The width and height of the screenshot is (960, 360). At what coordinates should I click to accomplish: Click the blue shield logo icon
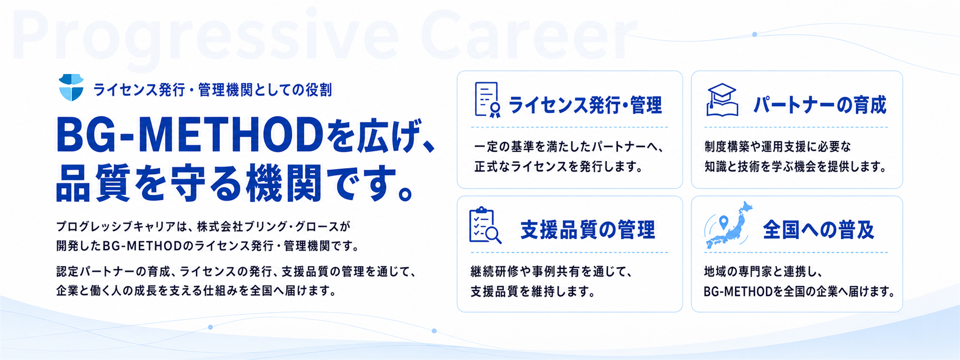(71, 87)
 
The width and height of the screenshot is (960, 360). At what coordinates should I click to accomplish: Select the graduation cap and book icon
(722, 100)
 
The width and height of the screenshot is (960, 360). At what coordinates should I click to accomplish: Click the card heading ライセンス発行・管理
(585, 105)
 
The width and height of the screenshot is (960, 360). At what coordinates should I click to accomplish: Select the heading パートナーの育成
(820, 105)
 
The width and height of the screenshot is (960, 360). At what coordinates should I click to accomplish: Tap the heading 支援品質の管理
(588, 230)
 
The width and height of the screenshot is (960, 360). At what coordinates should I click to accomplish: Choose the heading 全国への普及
(819, 230)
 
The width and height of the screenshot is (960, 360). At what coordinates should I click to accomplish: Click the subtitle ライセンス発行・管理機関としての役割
(212, 90)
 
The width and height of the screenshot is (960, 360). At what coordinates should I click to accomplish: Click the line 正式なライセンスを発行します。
(559, 167)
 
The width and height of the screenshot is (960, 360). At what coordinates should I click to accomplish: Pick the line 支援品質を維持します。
(533, 291)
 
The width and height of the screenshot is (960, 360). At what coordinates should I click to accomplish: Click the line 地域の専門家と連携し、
(764, 272)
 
